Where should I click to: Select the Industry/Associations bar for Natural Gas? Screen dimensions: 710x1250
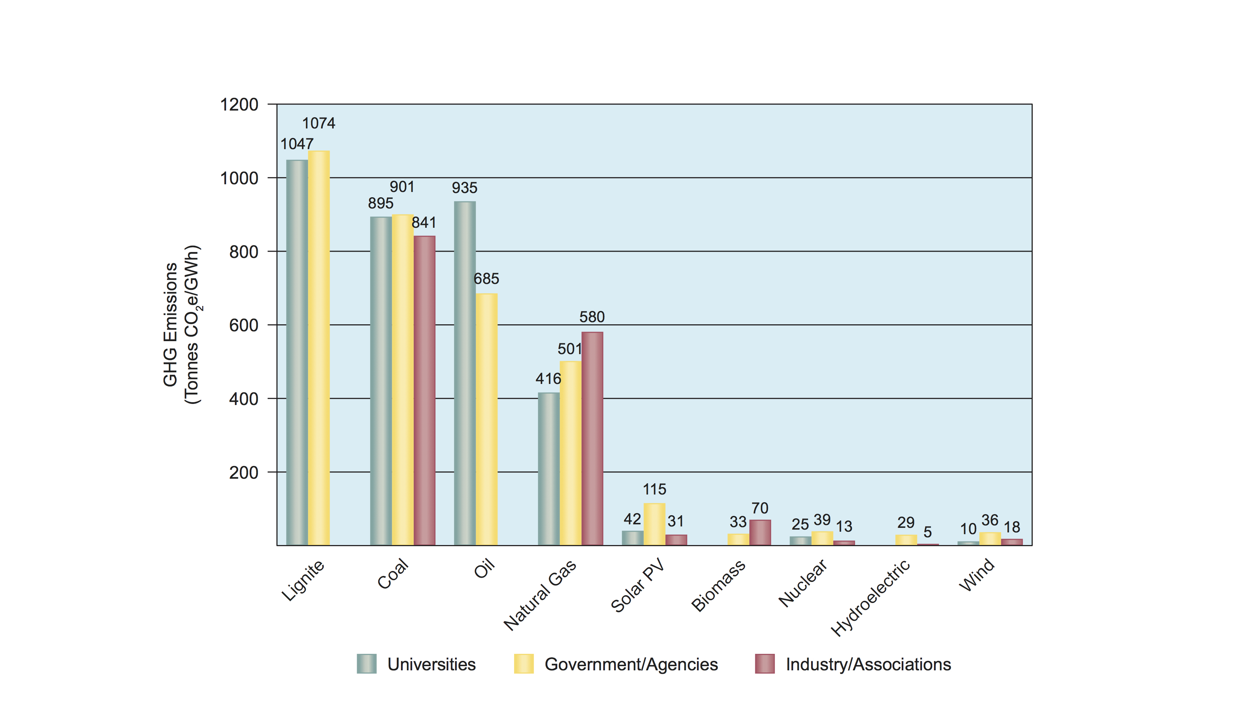pos(592,438)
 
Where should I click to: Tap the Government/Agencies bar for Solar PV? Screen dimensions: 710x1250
pos(654,524)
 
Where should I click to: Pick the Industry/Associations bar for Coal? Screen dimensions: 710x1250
pos(424,390)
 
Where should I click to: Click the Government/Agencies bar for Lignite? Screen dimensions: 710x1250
pos(318,348)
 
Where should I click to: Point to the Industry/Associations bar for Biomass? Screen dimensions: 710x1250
pos(760,532)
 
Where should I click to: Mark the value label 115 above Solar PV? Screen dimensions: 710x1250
pos(654,490)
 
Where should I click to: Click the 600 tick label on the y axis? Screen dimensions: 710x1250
pos(243,326)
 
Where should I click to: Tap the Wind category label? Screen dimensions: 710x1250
pos(977,576)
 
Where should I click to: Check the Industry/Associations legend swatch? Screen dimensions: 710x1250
pos(764,664)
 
